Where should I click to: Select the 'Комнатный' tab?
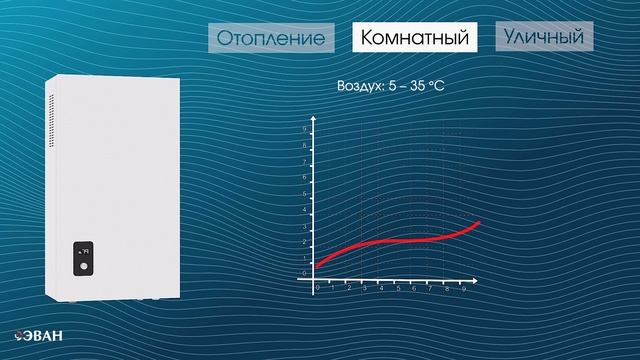(415, 39)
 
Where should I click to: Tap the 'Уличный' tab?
(543, 38)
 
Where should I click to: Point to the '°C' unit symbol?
(435, 87)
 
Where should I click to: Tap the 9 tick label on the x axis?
(463, 288)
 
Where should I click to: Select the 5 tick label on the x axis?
(398, 288)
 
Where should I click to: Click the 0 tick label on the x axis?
(317, 288)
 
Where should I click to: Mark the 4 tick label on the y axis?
(305, 210)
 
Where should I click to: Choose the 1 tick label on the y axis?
(305, 257)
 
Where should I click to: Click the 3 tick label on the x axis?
(365, 288)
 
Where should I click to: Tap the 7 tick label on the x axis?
(430, 288)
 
